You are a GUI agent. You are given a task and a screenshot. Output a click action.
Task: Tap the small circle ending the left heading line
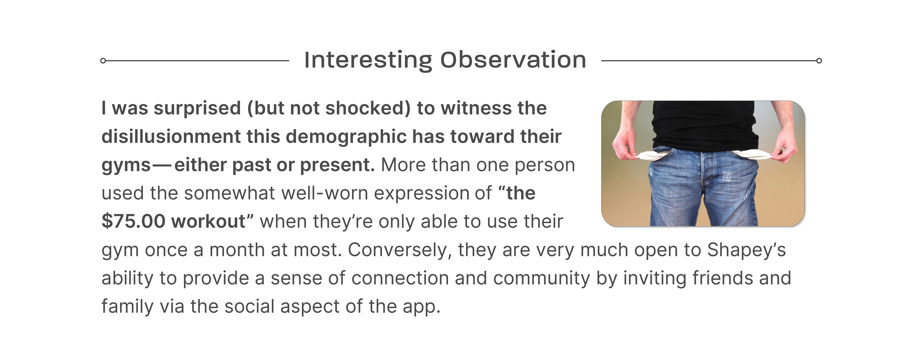pos(103,61)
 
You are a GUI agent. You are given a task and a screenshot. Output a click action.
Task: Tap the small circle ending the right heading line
pos(819,61)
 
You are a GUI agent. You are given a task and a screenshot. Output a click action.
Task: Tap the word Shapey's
pos(747,250)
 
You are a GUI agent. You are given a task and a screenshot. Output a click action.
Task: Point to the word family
pos(127,306)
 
